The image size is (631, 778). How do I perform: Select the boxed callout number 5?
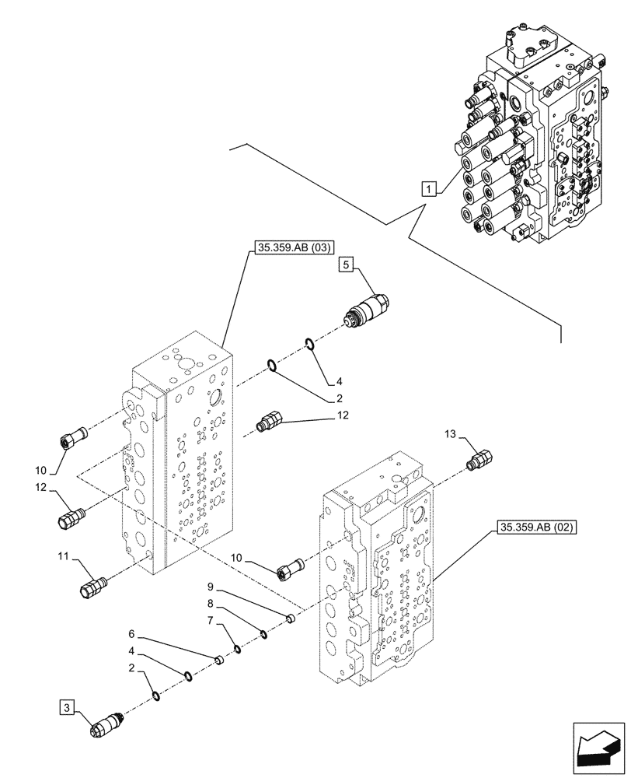(x=346, y=266)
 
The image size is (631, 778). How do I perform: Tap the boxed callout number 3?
(x=68, y=707)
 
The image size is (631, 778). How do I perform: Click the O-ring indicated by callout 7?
(x=238, y=649)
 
